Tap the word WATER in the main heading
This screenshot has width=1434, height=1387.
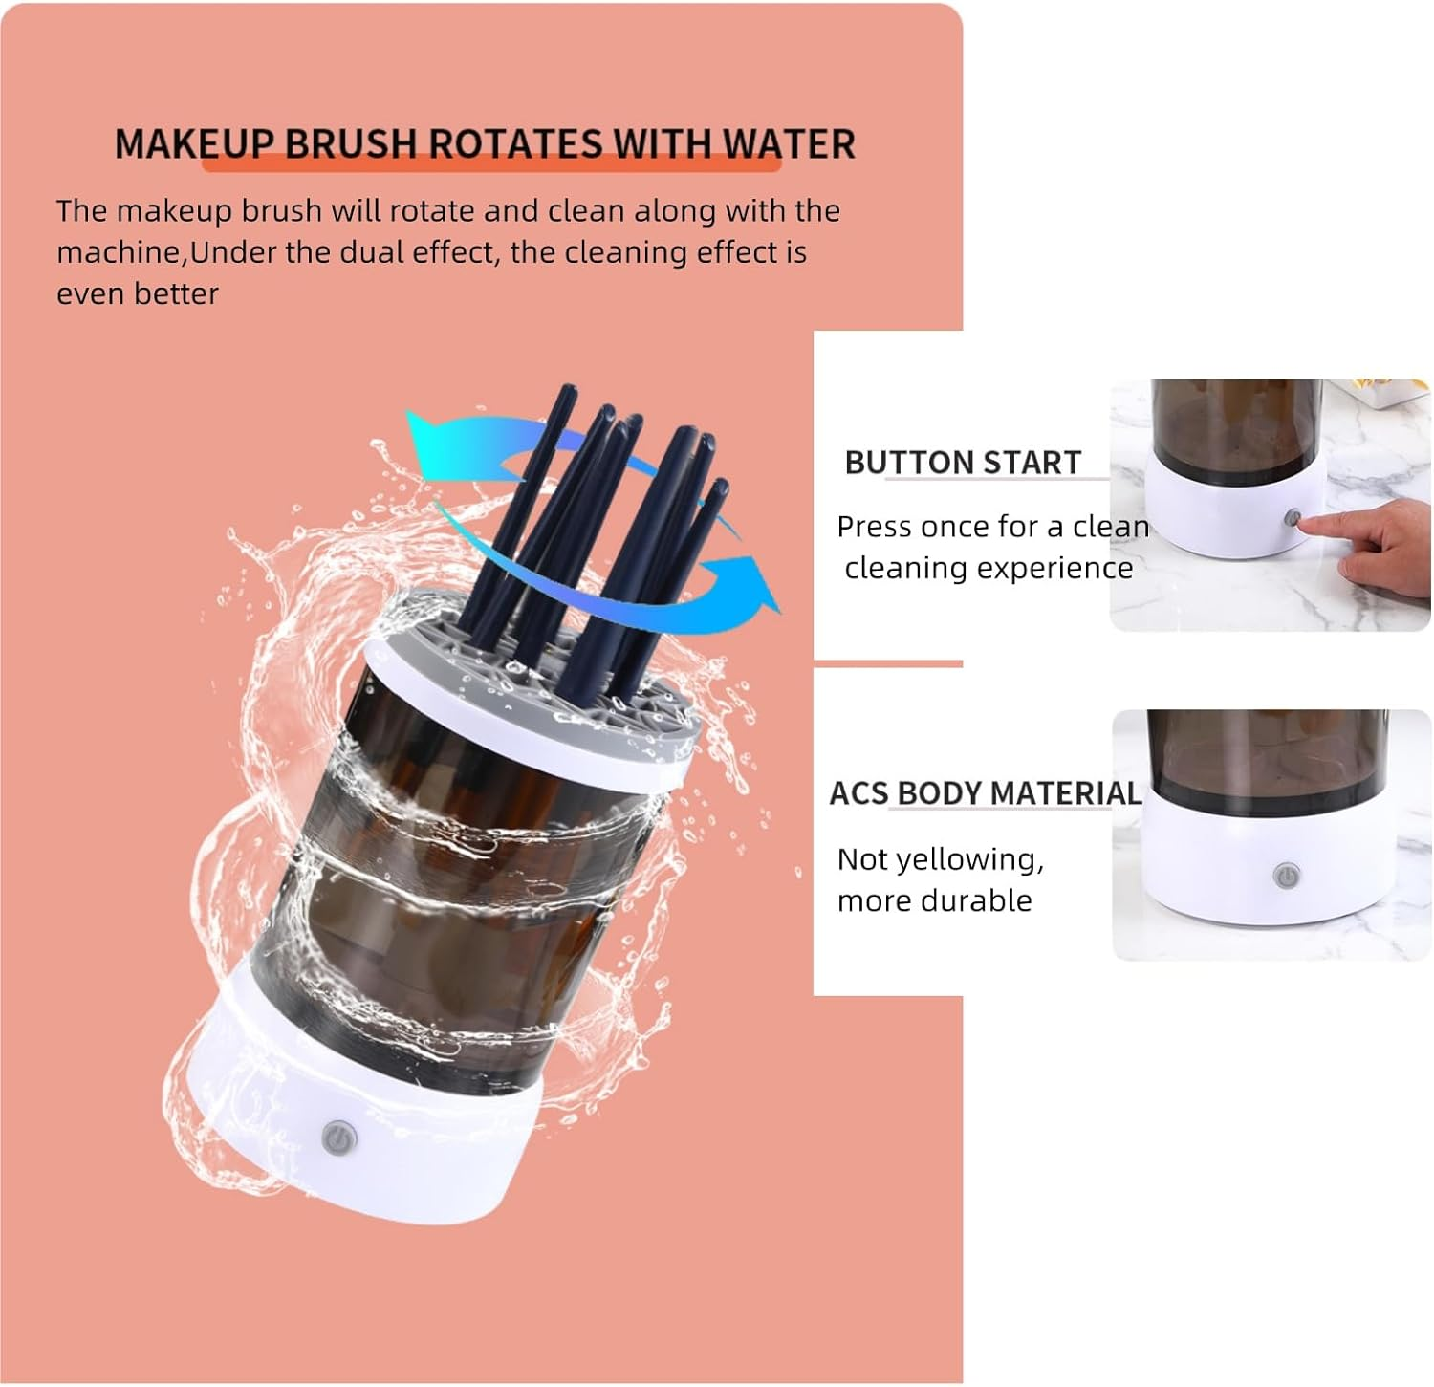click(x=788, y=144)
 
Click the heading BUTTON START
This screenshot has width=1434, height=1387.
click(x=962, y=463)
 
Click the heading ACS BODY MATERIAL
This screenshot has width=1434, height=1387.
click(x=985, y=793)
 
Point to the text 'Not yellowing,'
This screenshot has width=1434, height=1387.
click(x=940, y=859)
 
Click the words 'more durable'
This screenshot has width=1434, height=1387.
click(x=934, y=900)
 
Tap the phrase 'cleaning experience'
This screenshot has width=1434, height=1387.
click(x=988, y=568)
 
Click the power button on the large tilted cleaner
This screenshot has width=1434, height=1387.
click(x=339, y=1138)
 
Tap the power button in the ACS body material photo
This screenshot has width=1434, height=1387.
click(x=1286, y=875)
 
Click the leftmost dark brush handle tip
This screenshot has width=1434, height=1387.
click(x=568, y=392)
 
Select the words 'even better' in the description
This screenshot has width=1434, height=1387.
click(x=137, y=293)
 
